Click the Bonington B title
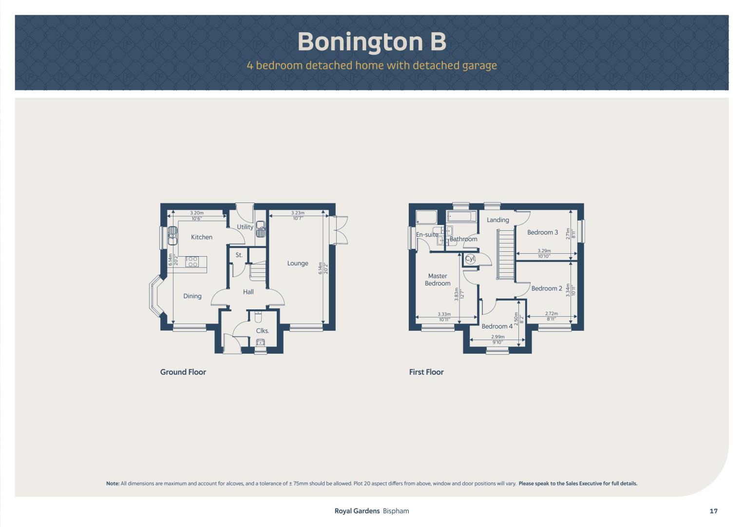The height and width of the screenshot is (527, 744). pos(372,42)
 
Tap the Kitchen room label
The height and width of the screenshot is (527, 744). pos(202,237)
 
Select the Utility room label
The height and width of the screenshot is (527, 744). pos(245,227)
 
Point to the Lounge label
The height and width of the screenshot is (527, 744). pos(298,263)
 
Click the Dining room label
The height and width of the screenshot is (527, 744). pos(192,296)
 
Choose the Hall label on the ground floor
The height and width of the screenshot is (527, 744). pos(248,292)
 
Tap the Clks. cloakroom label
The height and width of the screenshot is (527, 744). pos(263,331)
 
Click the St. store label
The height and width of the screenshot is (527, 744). pos(239,255)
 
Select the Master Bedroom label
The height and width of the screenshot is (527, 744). pos(438,280)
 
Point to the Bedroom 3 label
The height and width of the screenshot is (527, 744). pos(543,232)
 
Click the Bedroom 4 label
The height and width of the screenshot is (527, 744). pos(497,326)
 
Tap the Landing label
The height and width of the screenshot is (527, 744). pos(498,220)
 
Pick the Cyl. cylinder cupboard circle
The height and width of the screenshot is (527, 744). pos(470,259)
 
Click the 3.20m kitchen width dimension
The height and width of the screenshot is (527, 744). pos(197,213)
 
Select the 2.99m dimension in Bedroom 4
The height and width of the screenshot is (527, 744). pos(497,337)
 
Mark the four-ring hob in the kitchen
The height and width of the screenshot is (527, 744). pos(191,262)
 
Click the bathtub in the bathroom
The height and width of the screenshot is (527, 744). pos(462,217)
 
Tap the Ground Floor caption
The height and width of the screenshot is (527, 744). pos(183,372)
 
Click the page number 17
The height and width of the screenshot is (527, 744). pos(714,511)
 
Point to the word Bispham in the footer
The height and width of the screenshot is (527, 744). pos(396,511)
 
